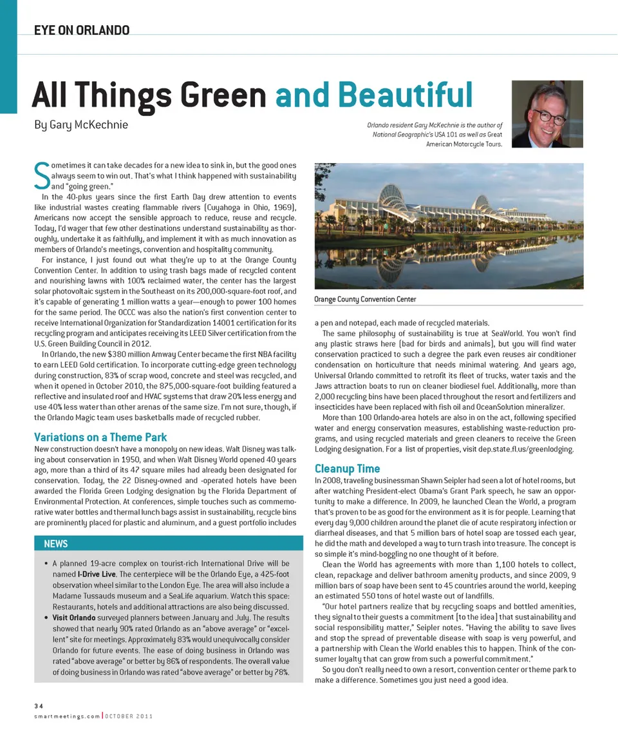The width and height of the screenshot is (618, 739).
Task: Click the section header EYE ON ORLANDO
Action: pos(82,30)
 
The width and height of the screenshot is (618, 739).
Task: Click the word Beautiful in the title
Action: pos(408,95)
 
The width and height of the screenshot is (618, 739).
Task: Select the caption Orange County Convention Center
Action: pos(364,300)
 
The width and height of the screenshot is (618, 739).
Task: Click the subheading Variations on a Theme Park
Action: pos(100,437)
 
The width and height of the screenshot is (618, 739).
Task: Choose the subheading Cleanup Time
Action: pos(347,468)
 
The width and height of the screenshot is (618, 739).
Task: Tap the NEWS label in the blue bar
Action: pos(55,544)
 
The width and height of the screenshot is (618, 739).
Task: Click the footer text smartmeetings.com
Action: pos(66,717)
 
